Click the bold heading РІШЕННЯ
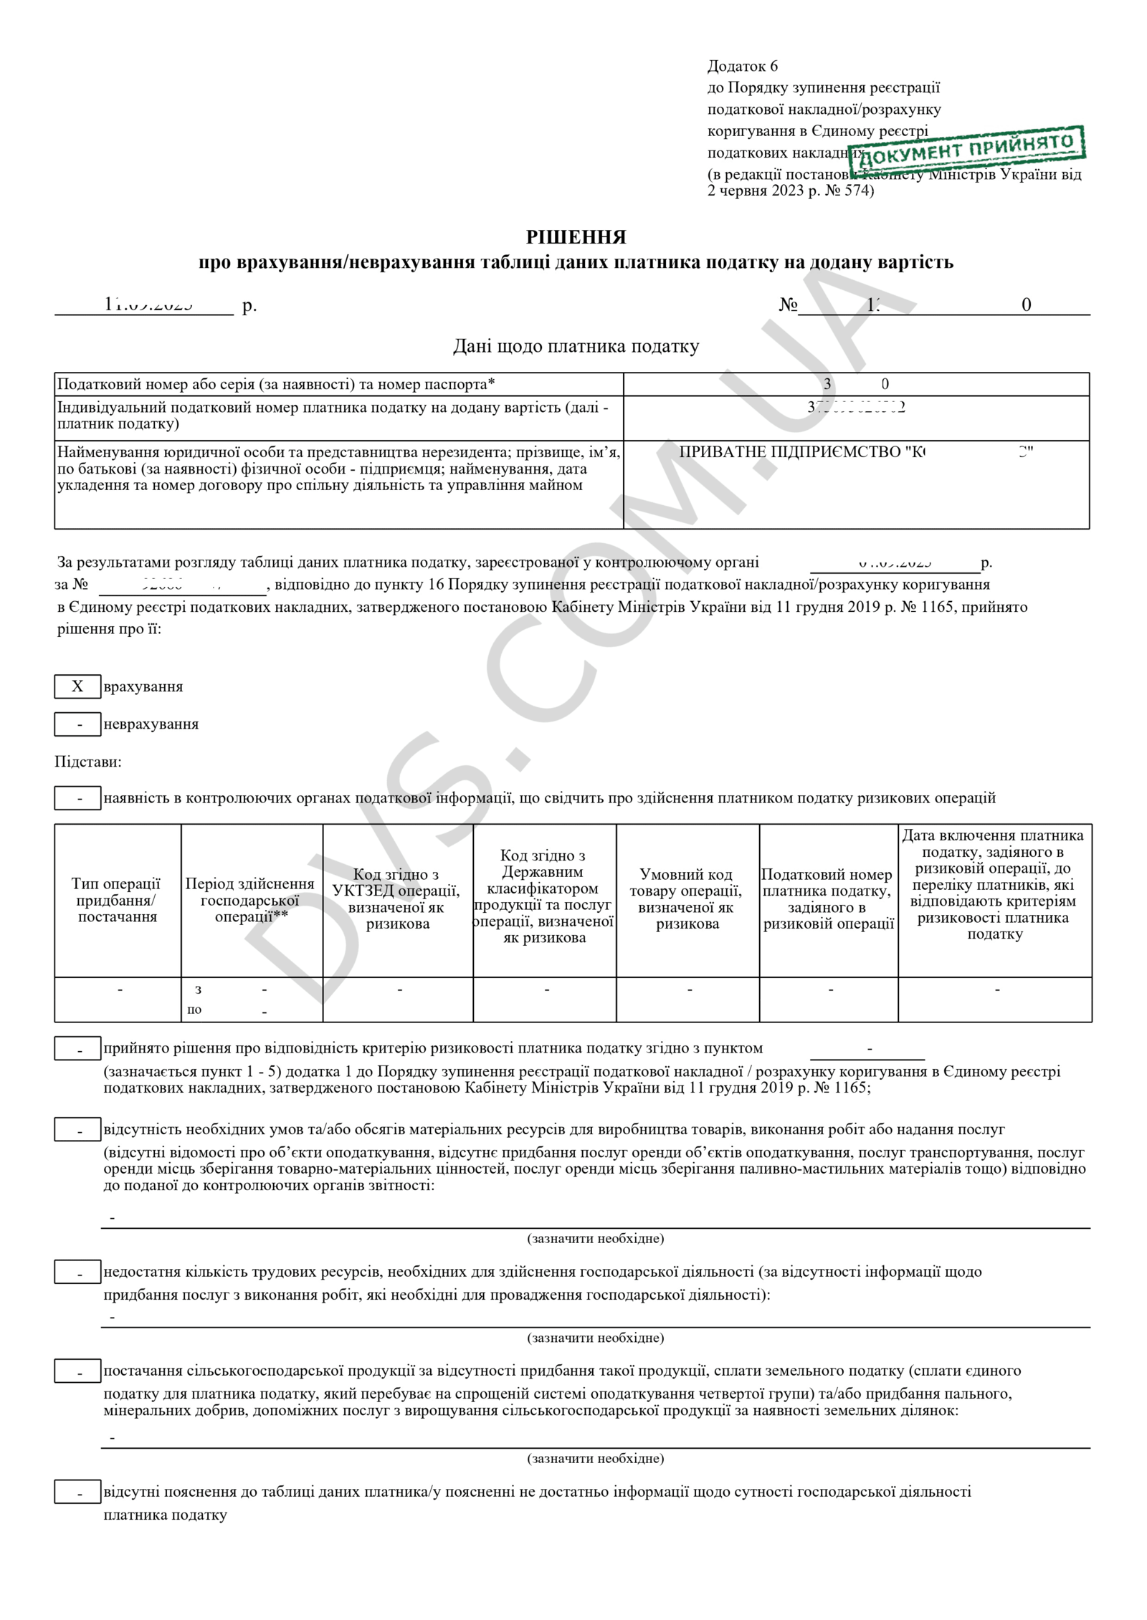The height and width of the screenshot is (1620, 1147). coord(576,236)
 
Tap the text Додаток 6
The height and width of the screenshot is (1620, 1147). coord(742,67)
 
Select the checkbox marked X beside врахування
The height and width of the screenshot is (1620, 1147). coord(77,686)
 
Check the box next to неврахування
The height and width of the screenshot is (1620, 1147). coord(77,724)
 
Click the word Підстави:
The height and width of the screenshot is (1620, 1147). coord(88,762)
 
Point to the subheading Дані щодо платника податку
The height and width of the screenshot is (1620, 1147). coord(576,347)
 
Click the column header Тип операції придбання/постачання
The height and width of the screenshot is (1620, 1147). coord(117,900)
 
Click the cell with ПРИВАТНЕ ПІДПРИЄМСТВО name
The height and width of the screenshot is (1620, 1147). coord(856,452)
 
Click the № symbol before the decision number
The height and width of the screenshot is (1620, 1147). coord(788,305)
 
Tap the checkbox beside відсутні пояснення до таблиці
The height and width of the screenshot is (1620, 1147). coord(77,1493)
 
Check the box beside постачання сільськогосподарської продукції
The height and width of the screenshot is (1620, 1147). coord(77,1372)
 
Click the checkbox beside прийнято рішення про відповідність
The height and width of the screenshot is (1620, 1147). coord(77,1050)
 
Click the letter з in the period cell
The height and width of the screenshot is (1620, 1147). coord(198,989)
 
